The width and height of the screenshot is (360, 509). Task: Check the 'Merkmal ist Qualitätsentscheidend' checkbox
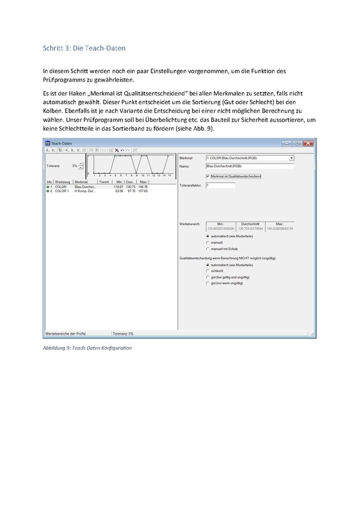pos(208,176)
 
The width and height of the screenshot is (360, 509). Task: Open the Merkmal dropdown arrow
pos(292,158)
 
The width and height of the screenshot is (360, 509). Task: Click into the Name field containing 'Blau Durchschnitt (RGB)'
pos(250,166)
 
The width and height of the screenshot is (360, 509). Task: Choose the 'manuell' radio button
pos(208,242)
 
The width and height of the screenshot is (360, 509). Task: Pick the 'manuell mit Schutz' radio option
pos(208,248)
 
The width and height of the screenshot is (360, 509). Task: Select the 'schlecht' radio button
pos(208,271)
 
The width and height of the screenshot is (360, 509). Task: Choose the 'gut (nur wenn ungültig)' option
pos(208,283)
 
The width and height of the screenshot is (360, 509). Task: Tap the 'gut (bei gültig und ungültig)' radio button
pos(208,277)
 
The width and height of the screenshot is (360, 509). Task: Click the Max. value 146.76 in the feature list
pos(143,187)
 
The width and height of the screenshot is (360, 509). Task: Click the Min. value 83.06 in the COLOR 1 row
pos(119,191)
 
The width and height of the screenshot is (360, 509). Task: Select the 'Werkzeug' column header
pos(62,182)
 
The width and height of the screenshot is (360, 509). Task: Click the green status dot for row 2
pos(48,191)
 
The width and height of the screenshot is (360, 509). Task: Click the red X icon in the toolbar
pos(117,150)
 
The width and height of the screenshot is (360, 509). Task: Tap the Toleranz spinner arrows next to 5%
pos(80,166)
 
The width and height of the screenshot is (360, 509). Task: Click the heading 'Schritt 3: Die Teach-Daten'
pos(84,48)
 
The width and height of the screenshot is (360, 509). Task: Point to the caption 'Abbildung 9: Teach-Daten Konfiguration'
pos(87,347)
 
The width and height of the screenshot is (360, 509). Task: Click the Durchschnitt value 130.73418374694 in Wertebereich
pos(250,228)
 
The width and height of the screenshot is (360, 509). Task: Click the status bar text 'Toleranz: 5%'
pos(123,334)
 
